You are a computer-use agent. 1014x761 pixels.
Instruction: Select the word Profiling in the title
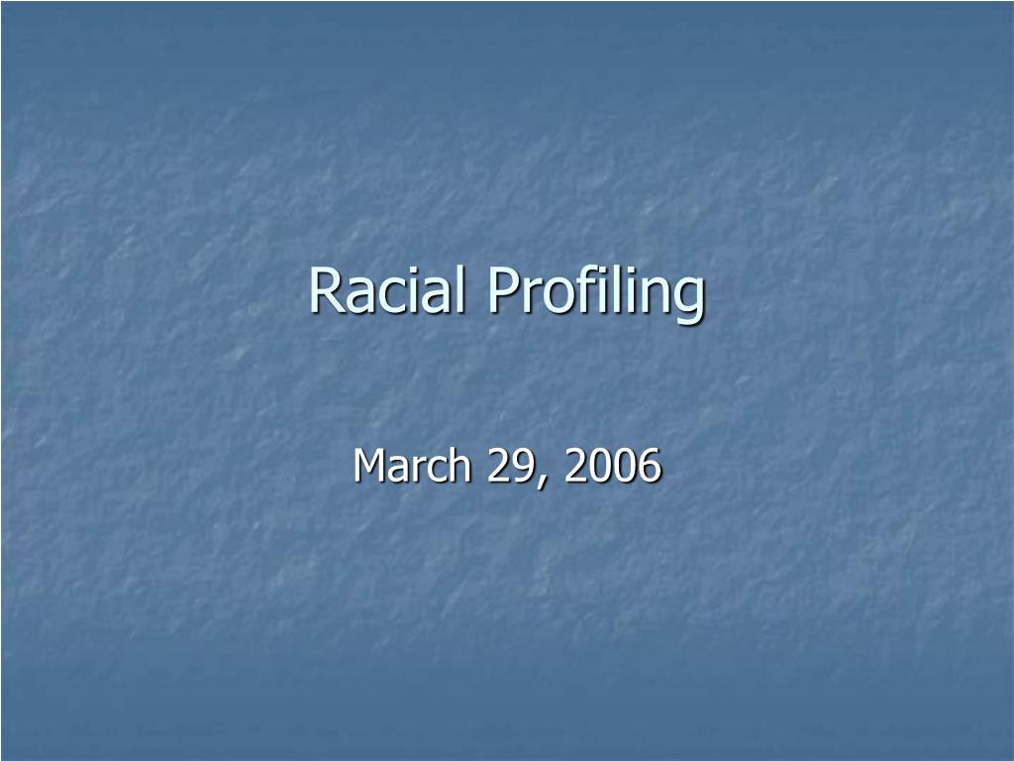coord(595,292)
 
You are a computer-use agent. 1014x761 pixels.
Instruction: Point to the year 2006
coord(612,466)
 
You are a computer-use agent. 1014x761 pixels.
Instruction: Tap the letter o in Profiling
coord(550,294)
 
